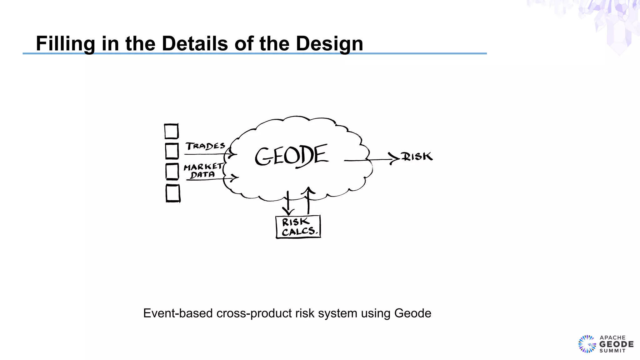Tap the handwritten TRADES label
(205, 146)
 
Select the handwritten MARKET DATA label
(203, 171)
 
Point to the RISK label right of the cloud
(417, 156)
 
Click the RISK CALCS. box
(298, 227)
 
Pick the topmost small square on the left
(171, 131)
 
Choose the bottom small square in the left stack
(173, 193)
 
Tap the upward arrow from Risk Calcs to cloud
(308, 200)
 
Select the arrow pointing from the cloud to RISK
(372, 160)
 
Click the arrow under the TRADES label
(209, 154)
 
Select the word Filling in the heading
(65, 44)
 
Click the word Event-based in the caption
(178, 313)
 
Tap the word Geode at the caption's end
(412, 313)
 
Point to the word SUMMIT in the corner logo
(612, 351)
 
